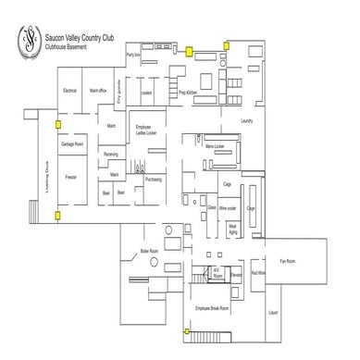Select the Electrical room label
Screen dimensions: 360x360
69,91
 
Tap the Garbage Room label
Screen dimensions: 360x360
72,145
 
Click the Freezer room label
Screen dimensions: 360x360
69,175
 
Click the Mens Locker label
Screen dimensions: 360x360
214,146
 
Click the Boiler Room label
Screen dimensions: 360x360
150,251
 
